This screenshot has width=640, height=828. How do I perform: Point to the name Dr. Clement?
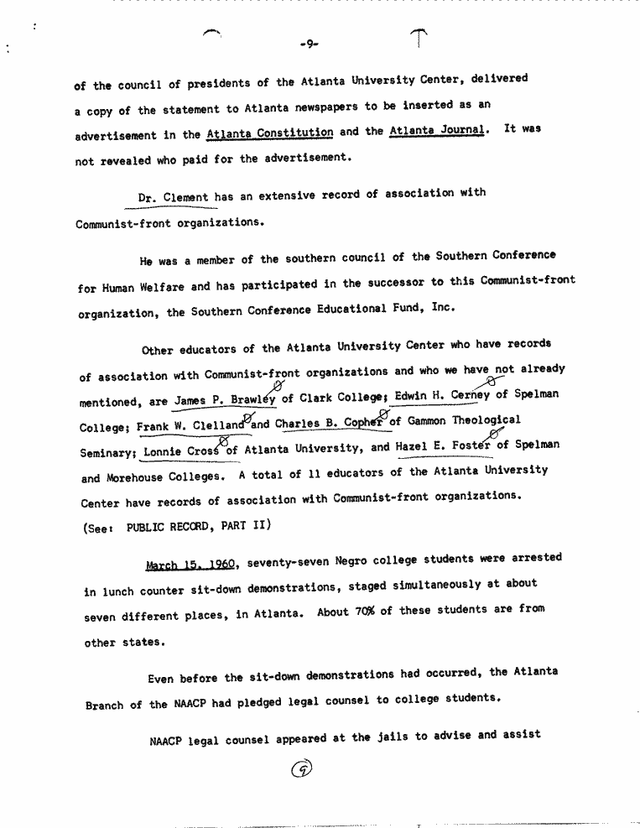(174, 198)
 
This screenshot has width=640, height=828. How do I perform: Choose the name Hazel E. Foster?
(445, 445)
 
